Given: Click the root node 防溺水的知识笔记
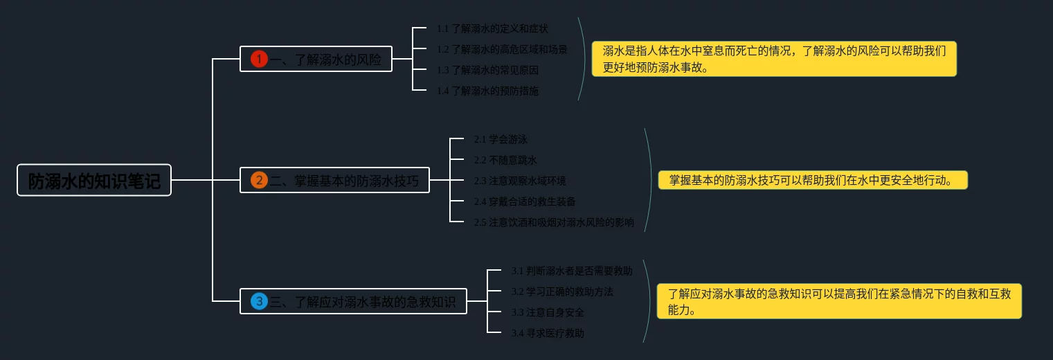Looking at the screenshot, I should (93, 181).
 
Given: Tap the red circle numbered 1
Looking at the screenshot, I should (259, 60).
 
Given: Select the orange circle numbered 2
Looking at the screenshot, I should (259, 181).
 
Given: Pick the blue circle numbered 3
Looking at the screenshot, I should (259, 301).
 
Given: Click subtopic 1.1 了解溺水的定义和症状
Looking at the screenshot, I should (492, 28).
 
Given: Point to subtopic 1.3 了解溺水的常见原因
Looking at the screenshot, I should (487, 70).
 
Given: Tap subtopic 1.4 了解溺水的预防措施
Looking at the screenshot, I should (487, 91).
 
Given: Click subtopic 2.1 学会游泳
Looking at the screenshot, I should (501, 139).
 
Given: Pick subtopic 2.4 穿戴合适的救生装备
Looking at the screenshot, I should (525, 201).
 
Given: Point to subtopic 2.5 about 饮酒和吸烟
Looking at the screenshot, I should (554, 222).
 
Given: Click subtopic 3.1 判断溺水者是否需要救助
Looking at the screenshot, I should (572, 271).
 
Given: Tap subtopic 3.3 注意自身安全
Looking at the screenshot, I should (548, 312).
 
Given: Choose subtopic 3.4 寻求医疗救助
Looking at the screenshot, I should (548, 333).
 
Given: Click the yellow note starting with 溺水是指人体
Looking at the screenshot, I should (774, 59).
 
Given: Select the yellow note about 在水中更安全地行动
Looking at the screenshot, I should (813, 181).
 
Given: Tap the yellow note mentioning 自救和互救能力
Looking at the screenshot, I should (839, 301).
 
